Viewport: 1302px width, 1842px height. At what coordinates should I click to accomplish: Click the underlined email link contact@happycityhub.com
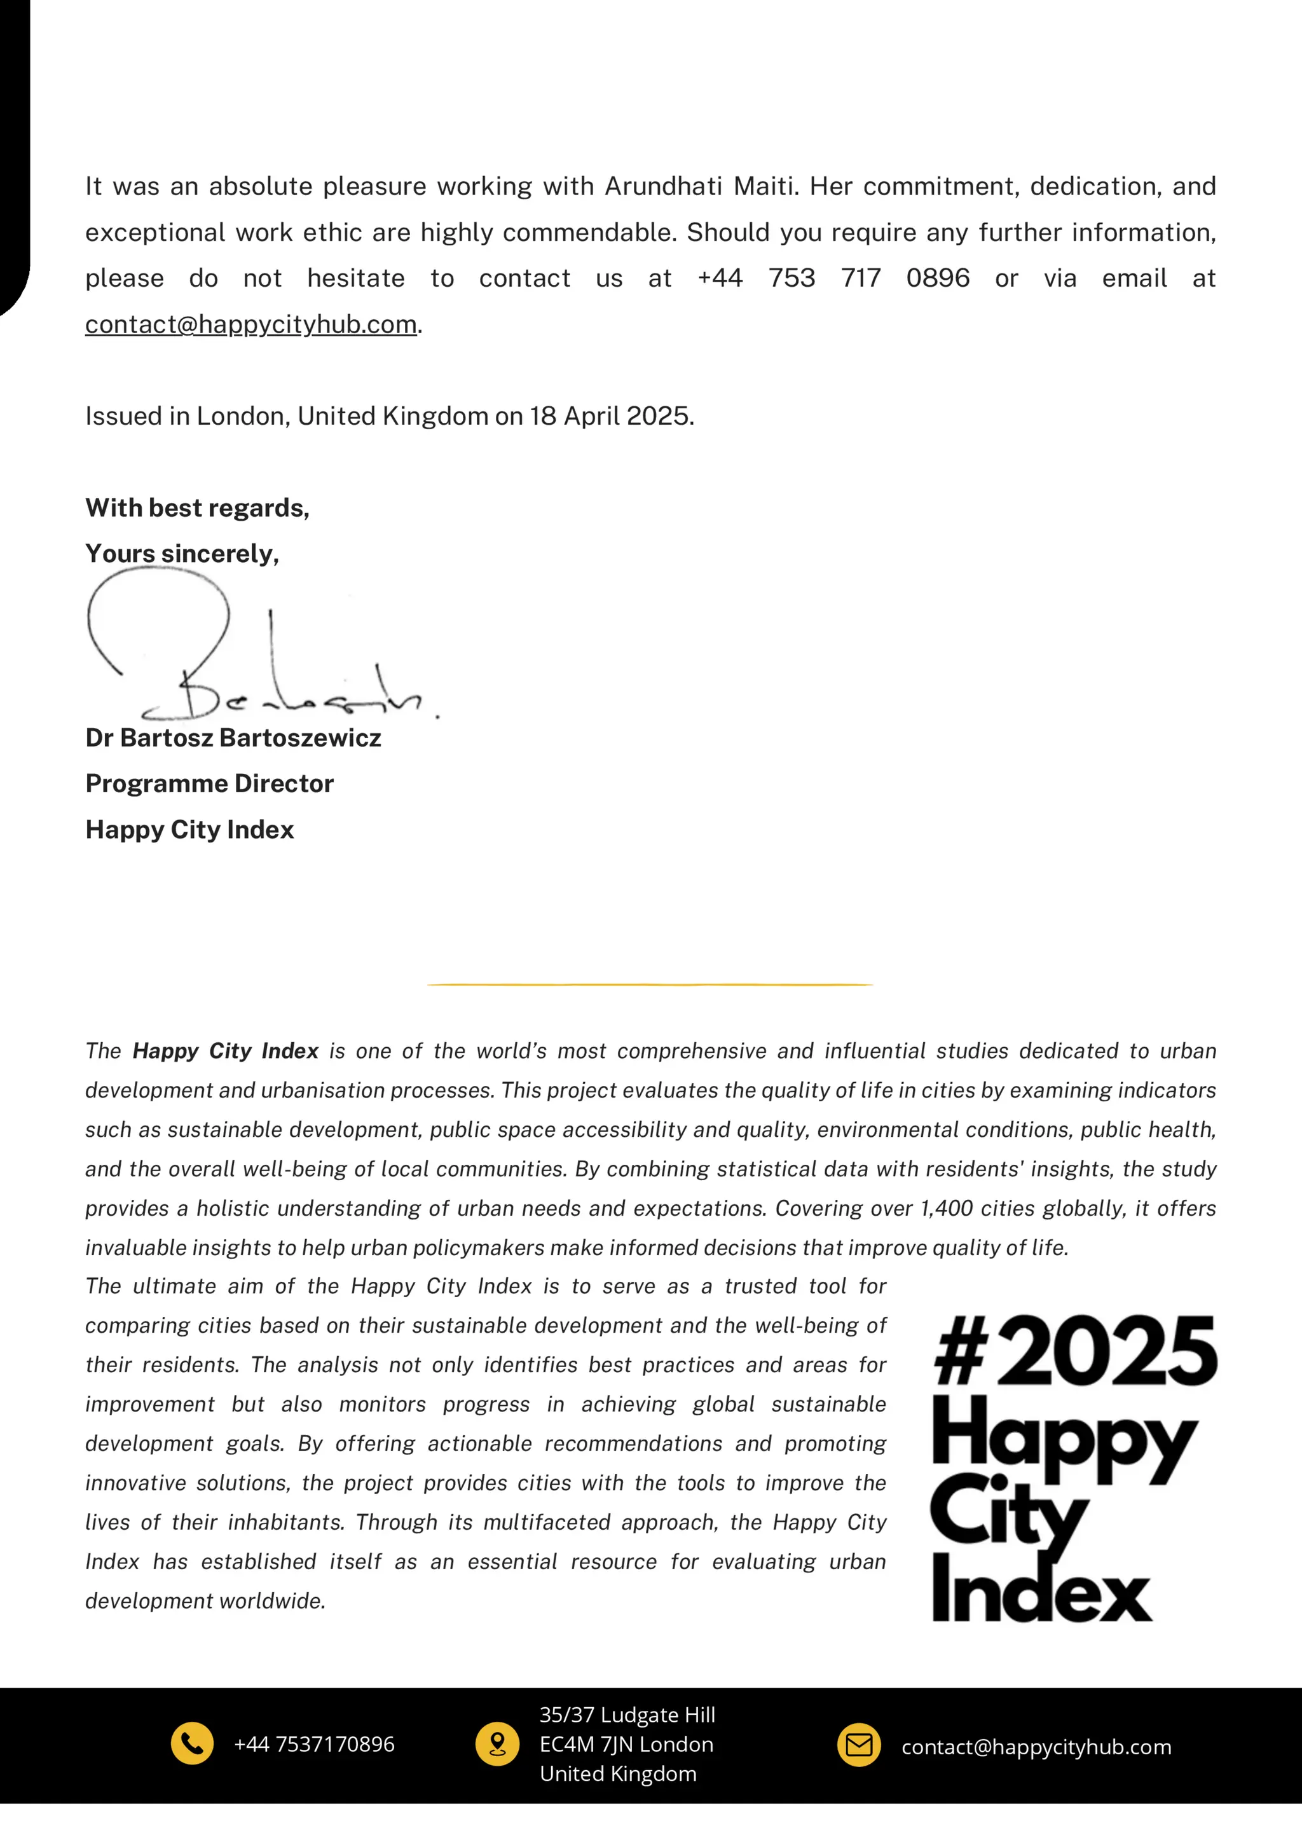[x=251, y=324]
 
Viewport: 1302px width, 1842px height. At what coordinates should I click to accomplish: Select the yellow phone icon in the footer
[x=193, y=1744]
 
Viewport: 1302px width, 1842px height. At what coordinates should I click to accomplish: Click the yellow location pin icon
[x=497, y=1744]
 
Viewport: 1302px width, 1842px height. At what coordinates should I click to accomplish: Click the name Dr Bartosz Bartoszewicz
[x=233, y=738]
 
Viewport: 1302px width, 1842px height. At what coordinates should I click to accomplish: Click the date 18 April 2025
[x=610, y=416]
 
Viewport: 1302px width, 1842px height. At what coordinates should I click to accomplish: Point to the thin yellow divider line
[x=650, y=984]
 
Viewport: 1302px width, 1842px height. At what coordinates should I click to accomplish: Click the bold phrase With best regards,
[x=197, y=508]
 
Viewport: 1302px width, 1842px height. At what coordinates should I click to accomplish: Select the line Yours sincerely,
[x=182, y=554]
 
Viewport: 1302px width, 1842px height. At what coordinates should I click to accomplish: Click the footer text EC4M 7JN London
[x=627, y=1744]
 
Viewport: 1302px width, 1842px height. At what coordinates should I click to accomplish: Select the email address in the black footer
[x=1036, y=1747]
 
